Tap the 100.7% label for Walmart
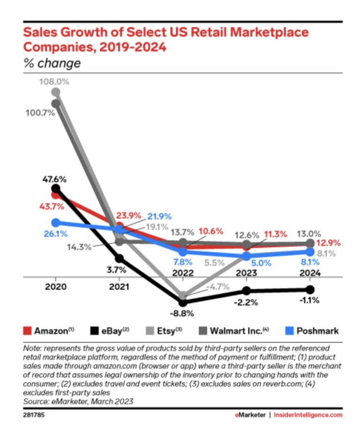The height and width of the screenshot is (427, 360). coord(41,113)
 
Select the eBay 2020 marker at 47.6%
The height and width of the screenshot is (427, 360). coord(56,189)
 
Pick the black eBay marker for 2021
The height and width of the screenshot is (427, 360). coord(120,258)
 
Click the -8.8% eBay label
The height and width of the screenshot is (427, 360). coord(183,313)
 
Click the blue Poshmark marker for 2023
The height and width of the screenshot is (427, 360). coord(247,256)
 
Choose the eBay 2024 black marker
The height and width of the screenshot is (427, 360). coord(310,289)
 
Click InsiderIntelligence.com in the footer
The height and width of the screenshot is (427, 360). coord(309,415)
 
